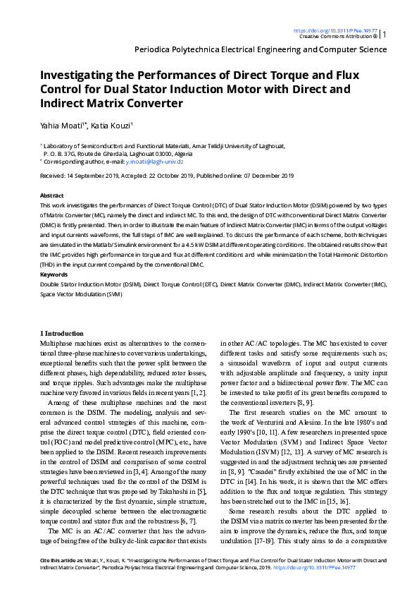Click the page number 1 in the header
pos(384,34)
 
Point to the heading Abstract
pos(52,195)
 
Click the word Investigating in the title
pos(82,75)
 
